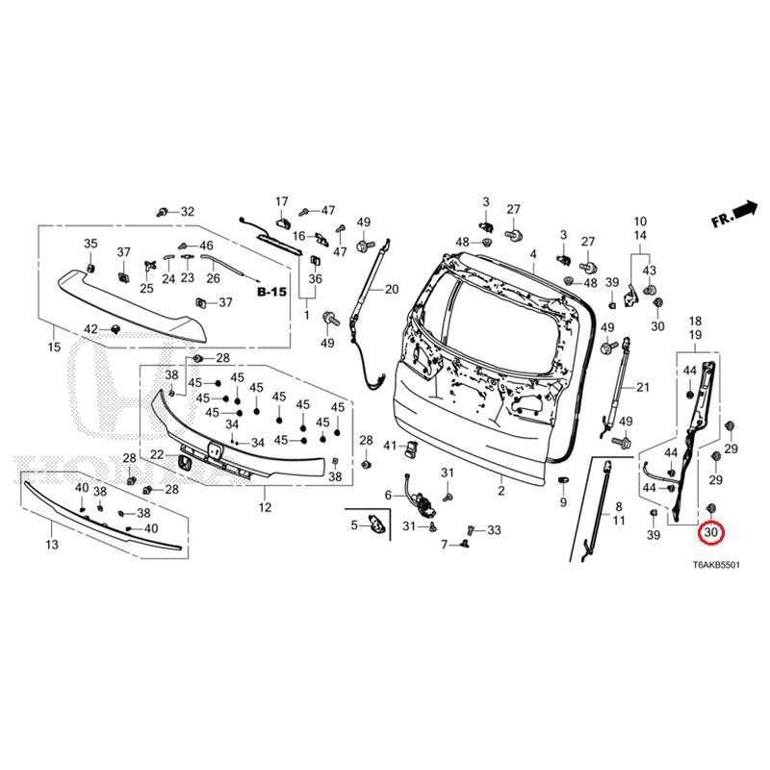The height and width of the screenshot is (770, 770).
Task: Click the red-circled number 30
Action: click(x=712, y=532)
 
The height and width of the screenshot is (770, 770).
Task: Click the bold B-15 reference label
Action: click(x=272, y=289)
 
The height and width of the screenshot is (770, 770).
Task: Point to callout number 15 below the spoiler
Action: click(x=53, y=346)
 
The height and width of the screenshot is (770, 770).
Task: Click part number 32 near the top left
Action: click(x=187, y=212)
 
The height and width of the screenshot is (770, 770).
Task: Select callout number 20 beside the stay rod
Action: click(x=391, y=289)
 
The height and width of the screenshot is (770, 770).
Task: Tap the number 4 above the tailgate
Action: click(x=532, y=254)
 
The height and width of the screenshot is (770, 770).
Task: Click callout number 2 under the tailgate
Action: click(x=500, y=491)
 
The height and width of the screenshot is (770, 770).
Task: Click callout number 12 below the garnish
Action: click(x=265, y=507)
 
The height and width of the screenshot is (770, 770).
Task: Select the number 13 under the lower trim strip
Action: click(x=52, y=545)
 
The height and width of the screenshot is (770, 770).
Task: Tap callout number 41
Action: click(x=390, y=446)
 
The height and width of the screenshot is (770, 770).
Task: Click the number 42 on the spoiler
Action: click(x=90, y=329)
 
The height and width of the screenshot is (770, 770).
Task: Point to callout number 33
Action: click(x=494, y=530)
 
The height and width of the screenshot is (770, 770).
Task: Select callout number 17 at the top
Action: click(x=282, y=201)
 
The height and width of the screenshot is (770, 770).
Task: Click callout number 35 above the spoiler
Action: click(x=90, y=243)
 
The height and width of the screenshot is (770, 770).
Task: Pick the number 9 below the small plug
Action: click(x=563, y=502)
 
